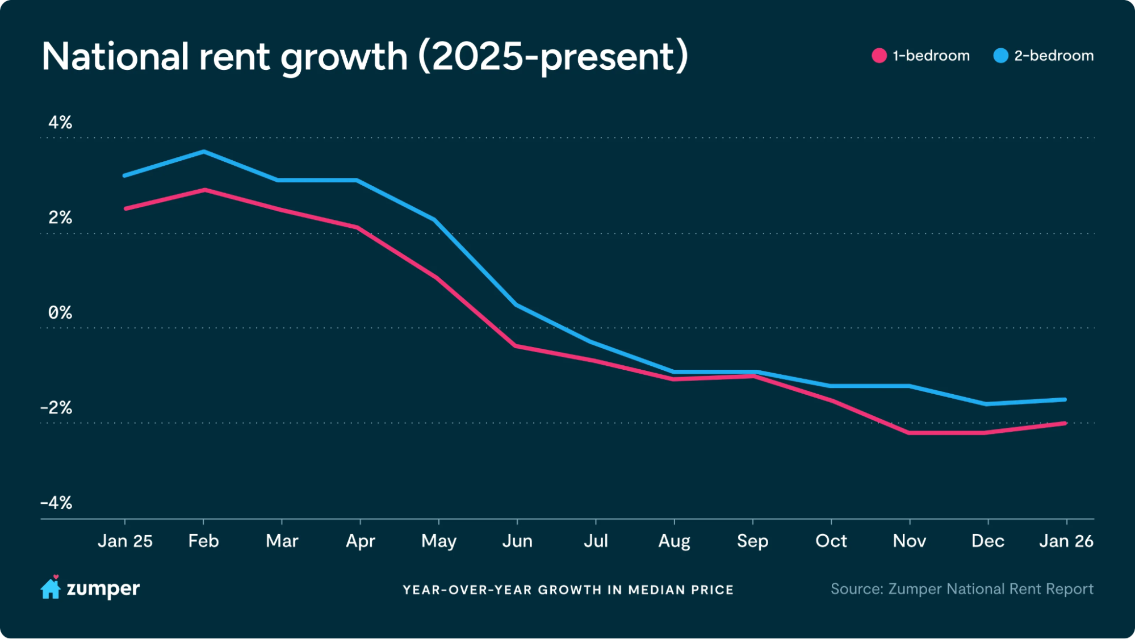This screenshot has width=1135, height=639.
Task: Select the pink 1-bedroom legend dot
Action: pos(879,56)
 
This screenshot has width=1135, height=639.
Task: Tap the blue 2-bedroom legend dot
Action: pos(1000,56)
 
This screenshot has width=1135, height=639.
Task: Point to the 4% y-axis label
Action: pos(60,123)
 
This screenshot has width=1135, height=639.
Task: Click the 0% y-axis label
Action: pos(60,313)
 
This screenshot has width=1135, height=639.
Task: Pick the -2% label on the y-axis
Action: pos(56,408)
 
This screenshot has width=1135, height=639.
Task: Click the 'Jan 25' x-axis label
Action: pos(125,541)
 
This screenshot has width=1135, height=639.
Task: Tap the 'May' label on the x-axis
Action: pos(438,541)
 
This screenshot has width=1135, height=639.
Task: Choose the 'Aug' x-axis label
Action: pos(674,541)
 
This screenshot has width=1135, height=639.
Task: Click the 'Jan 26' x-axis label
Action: pos(1066,541)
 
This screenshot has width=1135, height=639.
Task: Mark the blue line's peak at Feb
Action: pos(204,152)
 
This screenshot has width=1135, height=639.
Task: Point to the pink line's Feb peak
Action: pos(204,190)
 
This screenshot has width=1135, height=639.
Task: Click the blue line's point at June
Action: pos(517,305)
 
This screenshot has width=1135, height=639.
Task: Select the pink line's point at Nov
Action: pos(910,433)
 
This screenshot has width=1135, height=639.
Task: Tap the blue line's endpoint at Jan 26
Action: pos(1065,400)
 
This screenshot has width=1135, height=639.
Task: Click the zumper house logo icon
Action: pos(51,588)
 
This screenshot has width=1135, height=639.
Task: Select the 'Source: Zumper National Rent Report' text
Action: pos(961,589)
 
